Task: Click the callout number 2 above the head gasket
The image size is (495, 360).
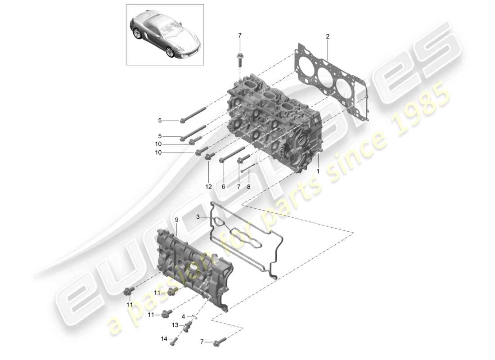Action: click(328, 36)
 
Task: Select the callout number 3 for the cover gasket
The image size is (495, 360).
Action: click(198, 217)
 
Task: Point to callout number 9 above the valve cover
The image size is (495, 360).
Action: click(177, 220)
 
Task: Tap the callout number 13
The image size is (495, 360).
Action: click(174, 325)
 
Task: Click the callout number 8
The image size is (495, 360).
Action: click(249, 186)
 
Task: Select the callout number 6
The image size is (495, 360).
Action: click(224, 186)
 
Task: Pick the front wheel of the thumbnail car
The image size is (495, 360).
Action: click(170, 52)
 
